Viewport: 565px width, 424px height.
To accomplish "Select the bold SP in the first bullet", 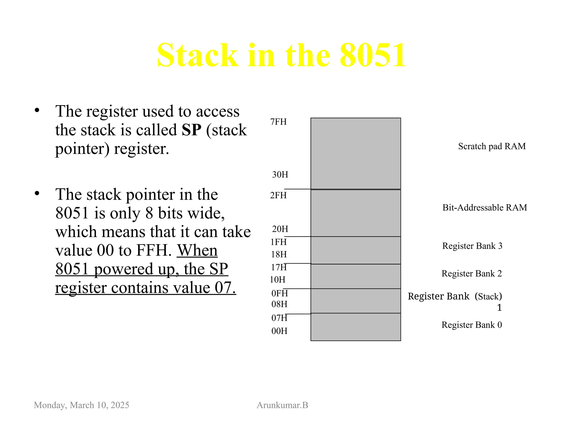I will [x=191, y=130].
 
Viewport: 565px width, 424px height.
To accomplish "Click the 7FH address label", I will [x=278, y=122].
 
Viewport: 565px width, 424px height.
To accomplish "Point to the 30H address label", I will [x=280, y=174].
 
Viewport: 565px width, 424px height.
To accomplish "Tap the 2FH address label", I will [x=278, y=195].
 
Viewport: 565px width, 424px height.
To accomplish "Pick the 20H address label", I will [x=280, y=229].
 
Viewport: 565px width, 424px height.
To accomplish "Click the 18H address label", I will [x=279, y=254].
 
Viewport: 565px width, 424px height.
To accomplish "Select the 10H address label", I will [x=278, y=280].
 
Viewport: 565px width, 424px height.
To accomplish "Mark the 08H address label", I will [x=279, y=304].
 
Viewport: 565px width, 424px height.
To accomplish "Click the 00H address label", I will [x=279, y=331].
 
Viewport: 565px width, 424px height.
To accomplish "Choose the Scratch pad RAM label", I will [x=492, y=146].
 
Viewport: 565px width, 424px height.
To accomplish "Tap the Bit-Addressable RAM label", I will [x=485, y=208].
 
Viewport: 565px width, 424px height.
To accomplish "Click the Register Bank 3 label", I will [x=472, y=246].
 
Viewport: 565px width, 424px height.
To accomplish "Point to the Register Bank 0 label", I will [x=472, y=325].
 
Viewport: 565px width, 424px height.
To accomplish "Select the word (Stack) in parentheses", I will [x=488, y=296].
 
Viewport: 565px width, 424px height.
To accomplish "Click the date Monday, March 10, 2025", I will [x=81, y=405].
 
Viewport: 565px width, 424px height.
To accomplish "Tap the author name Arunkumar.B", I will [x=282, y=405].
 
